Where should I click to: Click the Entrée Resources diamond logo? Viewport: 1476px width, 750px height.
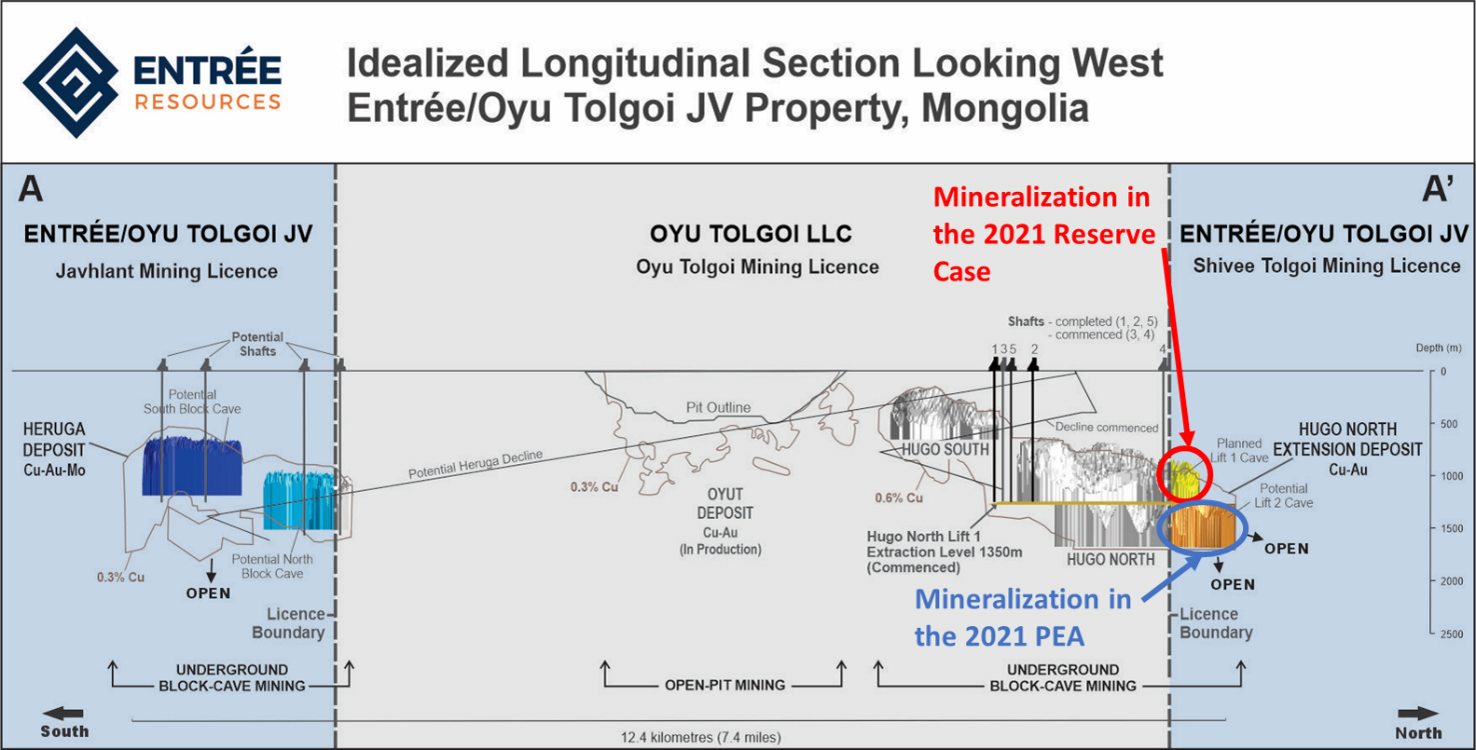(71, 82)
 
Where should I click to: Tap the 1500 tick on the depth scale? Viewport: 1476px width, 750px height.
(1434, 528)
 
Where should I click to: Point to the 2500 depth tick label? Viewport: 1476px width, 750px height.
(1452, 634)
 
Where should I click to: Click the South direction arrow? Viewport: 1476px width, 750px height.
(63, 713)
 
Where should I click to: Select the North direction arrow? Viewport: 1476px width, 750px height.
(1418, 714)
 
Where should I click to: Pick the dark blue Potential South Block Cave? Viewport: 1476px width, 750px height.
(192, 466)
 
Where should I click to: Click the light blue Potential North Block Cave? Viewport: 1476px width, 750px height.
(300, 501)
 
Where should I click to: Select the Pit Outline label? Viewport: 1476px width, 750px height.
(719, 408)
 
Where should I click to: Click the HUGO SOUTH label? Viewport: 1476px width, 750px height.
(945, 449)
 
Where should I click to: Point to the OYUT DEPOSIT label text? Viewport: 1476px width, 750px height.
(725, 503)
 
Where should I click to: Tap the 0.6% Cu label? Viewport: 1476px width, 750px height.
(898, 498)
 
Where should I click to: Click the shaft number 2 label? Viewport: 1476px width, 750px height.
(1034, 349)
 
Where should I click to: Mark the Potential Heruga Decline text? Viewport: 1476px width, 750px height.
(475, 464)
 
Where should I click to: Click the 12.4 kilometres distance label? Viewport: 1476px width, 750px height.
(701, 737)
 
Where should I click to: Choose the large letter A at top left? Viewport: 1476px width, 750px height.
(31, 189)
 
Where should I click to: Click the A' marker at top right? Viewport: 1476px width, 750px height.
(1438, 189)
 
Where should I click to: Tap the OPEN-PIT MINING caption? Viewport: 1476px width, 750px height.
(725, 685)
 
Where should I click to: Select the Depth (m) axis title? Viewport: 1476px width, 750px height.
(1438, 348)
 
